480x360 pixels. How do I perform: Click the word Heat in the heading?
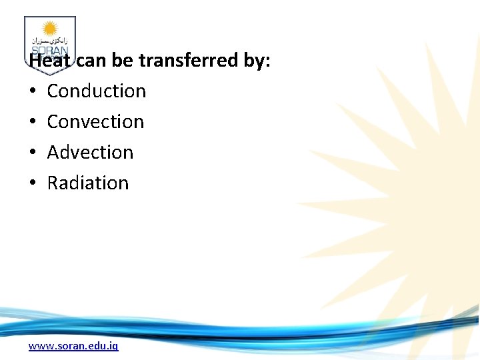(51, 61)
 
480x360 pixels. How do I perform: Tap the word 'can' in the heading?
(92, 61)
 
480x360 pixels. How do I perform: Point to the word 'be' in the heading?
(123, 61)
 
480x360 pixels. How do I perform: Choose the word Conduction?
(96, 91)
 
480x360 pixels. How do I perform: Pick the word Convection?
(95, 121)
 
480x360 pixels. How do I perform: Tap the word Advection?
(90, 152)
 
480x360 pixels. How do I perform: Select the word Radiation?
(87, 183)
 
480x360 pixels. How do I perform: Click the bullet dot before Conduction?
(32, 91)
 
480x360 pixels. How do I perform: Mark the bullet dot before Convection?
(32, 122)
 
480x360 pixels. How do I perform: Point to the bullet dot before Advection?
(32, 153)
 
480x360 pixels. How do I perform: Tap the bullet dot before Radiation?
(32, 183)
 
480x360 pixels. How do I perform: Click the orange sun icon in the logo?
(50, 29)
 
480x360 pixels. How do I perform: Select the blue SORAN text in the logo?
(50, 50)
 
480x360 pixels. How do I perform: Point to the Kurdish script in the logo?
(50, 41)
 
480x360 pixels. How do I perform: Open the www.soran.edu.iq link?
(73, 346)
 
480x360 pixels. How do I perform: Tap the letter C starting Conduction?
(53, 91)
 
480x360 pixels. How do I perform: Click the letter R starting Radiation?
(53, 183)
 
